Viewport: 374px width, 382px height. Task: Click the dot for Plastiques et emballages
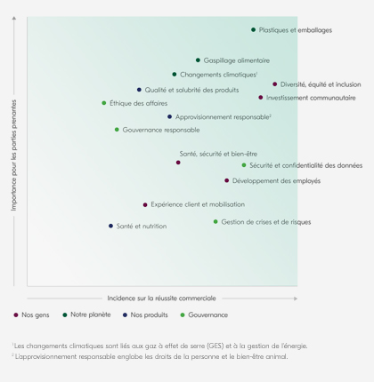(253, 30)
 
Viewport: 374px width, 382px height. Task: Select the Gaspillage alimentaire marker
(198, 60)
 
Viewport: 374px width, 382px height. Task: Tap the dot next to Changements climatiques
(175, 75)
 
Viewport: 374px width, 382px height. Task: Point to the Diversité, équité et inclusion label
(321, 84)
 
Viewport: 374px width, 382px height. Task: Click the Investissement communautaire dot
(261, 98)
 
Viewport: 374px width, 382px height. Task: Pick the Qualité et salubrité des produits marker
(139, 90)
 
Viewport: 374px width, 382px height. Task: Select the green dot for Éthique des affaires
(104, 103)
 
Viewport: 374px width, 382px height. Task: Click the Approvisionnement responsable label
(222, 116)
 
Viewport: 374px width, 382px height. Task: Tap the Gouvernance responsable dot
(117, 130)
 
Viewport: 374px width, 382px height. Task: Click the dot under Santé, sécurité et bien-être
(178, 163)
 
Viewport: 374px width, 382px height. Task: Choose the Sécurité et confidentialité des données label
(305, 165)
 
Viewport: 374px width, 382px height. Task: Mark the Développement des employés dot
(227, 180)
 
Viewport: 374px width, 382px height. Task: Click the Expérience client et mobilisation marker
(145, 204)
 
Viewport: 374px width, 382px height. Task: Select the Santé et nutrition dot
(111, 226)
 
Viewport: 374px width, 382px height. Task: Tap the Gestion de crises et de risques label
(265, 222)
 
